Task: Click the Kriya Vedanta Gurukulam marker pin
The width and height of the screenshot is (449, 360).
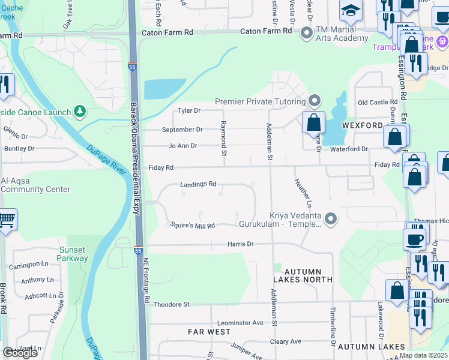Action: tap(329, 218)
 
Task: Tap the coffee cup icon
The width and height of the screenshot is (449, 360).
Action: tap(415, 239)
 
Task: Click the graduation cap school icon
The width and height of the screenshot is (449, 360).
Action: tap(351, 10)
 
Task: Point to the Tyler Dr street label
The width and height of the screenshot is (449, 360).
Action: tap(189, 111)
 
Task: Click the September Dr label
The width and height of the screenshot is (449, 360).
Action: tap(182, 130)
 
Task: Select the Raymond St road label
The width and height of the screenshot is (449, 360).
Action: tap(223, 134)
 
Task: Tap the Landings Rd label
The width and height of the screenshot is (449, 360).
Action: tap(198, 184)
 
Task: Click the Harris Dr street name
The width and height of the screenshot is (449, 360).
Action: tap(241, 244)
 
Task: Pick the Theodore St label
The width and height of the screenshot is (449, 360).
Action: tap(171, 305)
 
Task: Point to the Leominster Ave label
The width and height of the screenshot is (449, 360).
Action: tap(241, 323)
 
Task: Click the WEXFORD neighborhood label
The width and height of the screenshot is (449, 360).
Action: tap(362, 125)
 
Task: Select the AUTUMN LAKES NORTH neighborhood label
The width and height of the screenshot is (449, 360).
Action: tap(303, 275)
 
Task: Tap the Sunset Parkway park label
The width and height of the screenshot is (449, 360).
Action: tap(73, 254)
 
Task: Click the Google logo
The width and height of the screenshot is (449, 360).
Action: tap(20, 353)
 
